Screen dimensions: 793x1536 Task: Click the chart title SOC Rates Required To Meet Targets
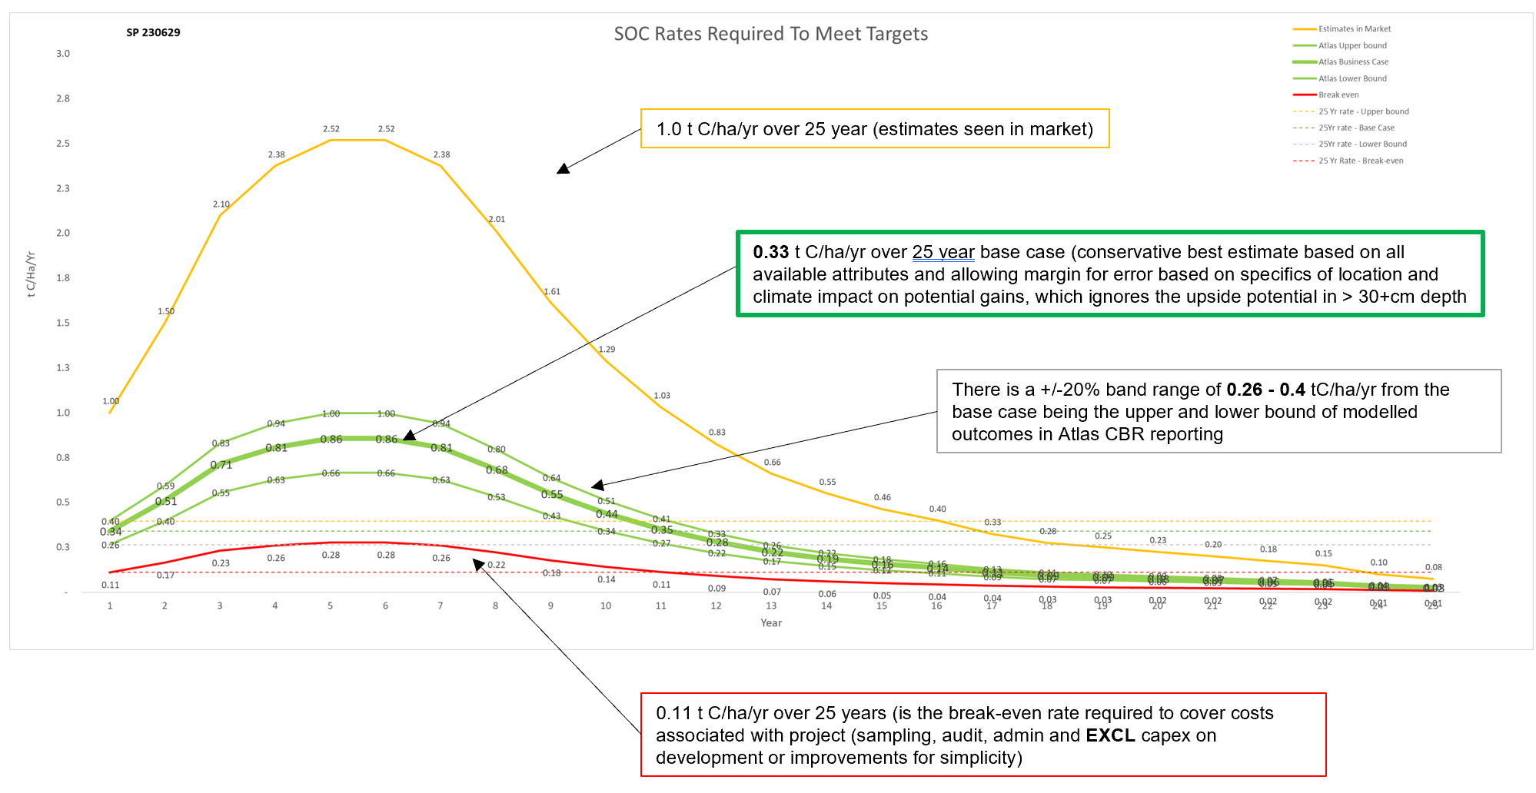tap(770, 35)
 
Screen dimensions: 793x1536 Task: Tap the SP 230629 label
tap(153, 33)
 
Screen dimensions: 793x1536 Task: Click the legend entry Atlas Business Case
tap(1353, 62)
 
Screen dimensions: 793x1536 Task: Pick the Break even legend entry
tap(1338, 95)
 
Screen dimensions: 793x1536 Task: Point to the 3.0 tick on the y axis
tap(63, 54)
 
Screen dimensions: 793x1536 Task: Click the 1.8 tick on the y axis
tap(63, 278)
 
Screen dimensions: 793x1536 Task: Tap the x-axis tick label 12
tap(716, 606)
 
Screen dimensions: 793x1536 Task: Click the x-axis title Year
tap(771, 623)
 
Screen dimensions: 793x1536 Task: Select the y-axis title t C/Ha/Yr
tap(32, 274)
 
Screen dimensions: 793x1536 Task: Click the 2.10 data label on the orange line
tap(221, 204)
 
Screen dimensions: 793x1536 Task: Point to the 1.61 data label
tap(552, 292)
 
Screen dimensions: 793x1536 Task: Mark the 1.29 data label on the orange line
tap(607, 350)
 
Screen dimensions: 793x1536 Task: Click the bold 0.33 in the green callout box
tap(770, 253)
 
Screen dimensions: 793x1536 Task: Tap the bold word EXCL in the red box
tap(1109, 736)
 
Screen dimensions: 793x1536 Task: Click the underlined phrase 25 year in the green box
tap(943, 253)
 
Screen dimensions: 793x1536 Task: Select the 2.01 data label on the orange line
tap(497, 220)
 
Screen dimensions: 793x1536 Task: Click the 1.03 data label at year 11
tap(662, 396)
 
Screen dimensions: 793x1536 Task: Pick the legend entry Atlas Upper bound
tap(1352, 46)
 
